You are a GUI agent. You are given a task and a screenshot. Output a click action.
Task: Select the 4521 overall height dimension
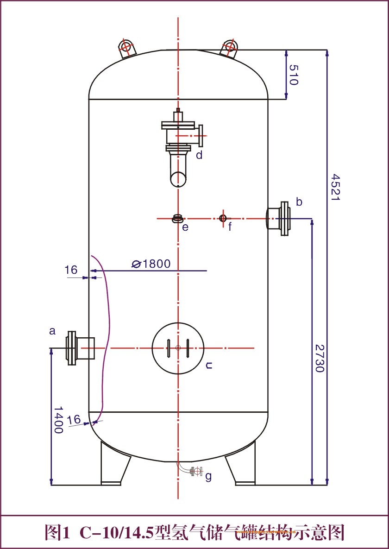[334, 187]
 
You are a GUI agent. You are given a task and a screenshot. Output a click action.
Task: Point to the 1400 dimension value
[58, 420]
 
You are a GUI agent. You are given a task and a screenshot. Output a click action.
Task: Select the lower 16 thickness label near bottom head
[74, 420]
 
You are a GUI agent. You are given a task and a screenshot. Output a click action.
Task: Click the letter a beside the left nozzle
[52, 331]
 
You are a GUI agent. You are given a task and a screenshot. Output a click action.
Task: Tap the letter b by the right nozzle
[299, 202]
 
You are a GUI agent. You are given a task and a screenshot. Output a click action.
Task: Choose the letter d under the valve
[199, 155]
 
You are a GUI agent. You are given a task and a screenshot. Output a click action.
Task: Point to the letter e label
[185, 227]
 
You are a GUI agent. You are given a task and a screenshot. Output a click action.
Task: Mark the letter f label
[230, 227]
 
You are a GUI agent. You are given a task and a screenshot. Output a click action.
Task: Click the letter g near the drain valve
[208, 476]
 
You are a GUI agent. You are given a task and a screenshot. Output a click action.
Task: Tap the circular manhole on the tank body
[178, 348]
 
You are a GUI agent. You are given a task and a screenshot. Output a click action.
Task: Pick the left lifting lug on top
[126, 48]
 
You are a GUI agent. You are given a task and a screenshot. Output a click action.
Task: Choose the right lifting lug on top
[229, 48]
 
